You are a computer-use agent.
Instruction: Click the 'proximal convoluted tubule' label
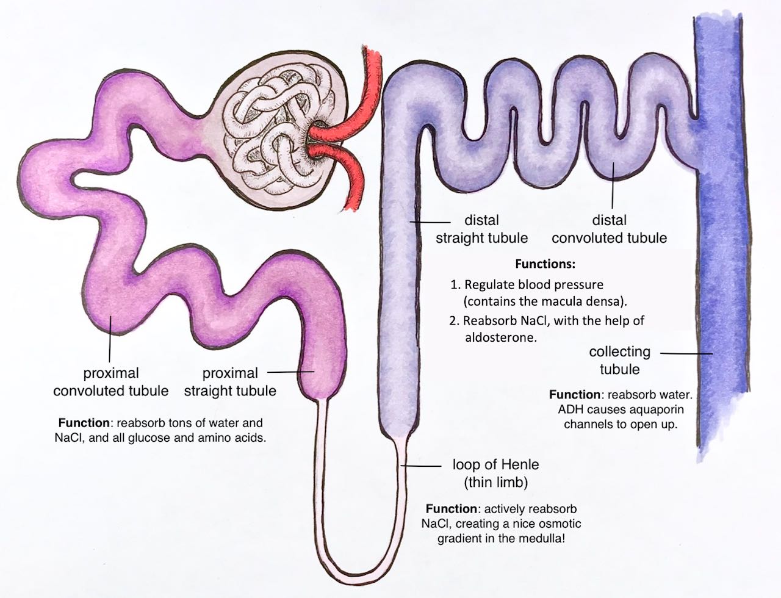pyautogui.click(x=110, y=381)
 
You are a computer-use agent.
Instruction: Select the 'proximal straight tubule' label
pyautogui.click(x=230, y=381)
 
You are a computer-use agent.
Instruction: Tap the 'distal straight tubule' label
pyautogui.click(x=481, y=229)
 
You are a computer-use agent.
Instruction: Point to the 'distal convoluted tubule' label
pyautogui.click(x=609, y=229)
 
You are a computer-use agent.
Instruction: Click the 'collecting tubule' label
pyautogui.click(x=619, y=360)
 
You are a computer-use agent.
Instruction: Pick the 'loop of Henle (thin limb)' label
pyautogui.click(x=495, y=474)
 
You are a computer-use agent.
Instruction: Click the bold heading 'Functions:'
pyautogui.click(x=545, y=265)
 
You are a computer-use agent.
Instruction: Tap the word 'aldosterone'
pyautogui.click(x=507, y=337)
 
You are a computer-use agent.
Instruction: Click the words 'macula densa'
pyautogui.click(x=586, y=301)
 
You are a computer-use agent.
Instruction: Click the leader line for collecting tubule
pyautogui.click(x=686, y=353)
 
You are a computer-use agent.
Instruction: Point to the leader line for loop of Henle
pyautogui.click(x=421, y=466)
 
